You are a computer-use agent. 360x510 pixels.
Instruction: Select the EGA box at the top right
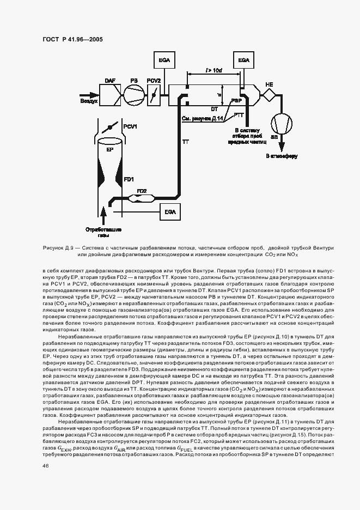[x=243, y=60]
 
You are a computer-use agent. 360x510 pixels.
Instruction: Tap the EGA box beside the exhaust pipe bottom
[x=169, y=212]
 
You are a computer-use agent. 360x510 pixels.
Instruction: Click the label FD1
[x=129, y=179]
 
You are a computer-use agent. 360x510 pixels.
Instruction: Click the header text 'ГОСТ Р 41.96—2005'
[x=72, y=39]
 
